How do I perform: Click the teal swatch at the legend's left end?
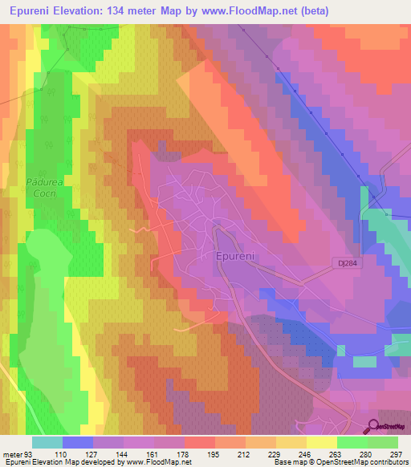[47, 441]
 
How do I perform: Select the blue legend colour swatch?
[78, 441]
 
